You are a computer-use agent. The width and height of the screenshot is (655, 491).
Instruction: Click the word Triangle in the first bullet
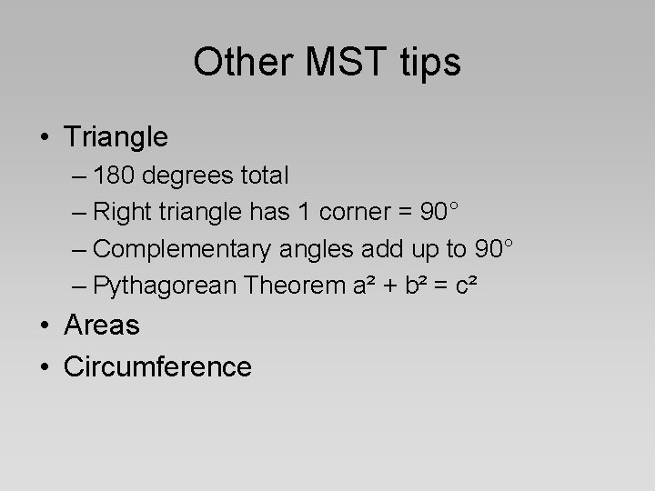pos(116,137)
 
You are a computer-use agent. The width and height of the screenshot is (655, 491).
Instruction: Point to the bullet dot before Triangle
pos(45,138)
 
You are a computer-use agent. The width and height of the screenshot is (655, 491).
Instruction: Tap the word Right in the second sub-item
pos(122,213)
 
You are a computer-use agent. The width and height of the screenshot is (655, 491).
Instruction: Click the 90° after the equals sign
pos(438,213)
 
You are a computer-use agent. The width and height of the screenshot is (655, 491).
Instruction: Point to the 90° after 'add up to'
pos(495,249)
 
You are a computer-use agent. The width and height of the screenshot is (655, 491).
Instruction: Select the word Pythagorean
pos(163,286)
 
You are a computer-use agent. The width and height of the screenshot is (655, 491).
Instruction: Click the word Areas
pos(102,325)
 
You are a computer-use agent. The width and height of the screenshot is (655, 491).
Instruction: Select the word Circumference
pos(157,366)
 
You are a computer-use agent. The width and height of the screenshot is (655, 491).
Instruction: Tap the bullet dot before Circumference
pos(45,367)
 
